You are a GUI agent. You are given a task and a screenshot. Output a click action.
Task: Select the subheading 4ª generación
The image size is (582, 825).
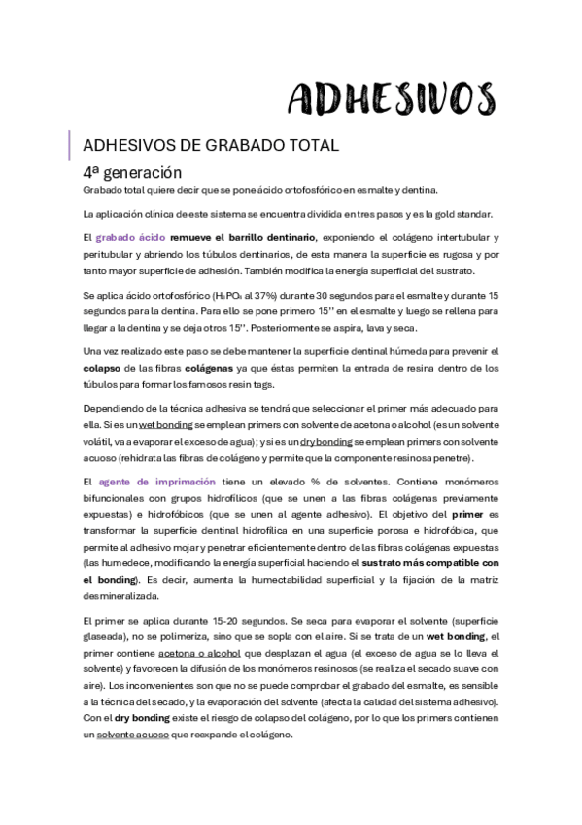point(133,170)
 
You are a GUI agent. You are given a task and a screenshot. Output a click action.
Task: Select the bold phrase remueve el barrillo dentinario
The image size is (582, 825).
point(257,238)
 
